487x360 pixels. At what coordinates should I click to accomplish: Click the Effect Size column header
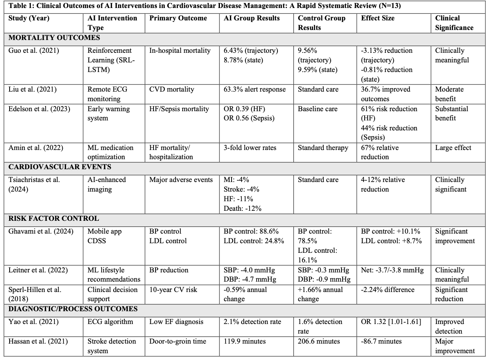point(377,18)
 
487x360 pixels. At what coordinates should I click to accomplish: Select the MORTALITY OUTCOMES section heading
point(54,38)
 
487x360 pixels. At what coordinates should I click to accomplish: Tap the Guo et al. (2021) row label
point(34,51)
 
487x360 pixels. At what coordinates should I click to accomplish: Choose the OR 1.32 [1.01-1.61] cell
point(391,322)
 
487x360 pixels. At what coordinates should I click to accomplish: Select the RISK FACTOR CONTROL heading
point(54,219)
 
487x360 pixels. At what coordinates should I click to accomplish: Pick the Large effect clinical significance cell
point(453,148)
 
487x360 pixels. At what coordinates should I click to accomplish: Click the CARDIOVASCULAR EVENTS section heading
point(60,167)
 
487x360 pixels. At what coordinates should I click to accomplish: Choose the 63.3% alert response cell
point(255,89)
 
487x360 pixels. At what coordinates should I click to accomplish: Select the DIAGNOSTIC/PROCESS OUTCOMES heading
point(73,309)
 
